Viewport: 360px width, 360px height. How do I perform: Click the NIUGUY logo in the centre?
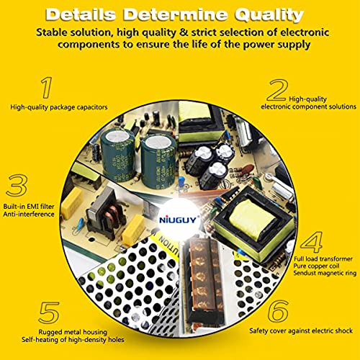178,220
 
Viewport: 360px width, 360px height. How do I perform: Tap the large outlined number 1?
47,88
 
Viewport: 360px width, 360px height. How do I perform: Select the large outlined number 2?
277,90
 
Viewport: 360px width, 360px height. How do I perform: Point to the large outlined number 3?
17,185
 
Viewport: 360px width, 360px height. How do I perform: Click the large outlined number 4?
312,242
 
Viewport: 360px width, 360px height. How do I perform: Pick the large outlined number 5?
49,312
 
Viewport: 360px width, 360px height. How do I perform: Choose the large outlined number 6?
278,311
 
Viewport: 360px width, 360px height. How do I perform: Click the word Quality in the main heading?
269,15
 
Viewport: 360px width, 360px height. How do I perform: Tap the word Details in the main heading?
81,14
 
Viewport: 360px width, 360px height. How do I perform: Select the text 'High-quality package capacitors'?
59,107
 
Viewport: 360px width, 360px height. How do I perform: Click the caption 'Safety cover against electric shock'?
301,330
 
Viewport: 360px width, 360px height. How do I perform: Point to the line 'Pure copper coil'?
316,266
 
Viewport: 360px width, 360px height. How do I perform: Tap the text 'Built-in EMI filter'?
29,207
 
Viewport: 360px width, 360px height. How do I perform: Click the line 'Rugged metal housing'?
73,332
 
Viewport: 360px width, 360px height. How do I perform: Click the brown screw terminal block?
204,279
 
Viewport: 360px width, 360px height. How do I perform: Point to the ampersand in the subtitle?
184,32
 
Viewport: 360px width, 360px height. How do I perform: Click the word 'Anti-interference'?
29,214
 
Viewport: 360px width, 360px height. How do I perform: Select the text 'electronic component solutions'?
309,107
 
